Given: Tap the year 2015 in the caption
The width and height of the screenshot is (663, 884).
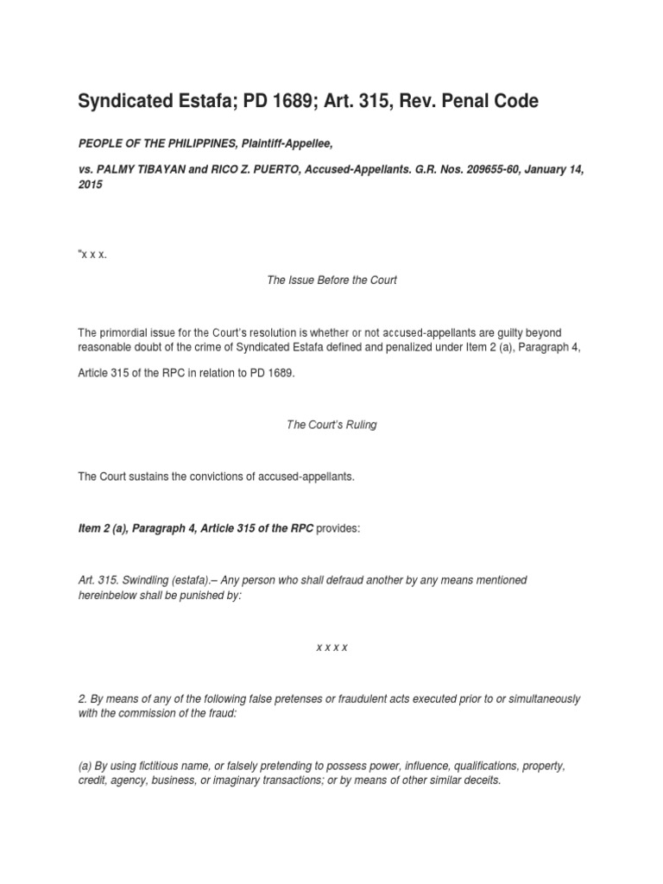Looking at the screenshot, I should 91,185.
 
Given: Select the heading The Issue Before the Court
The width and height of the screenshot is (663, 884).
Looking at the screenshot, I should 331,281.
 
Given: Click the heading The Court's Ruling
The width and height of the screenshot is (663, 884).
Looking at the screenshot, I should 331,426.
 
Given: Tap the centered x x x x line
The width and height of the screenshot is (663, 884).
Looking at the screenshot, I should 331,647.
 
